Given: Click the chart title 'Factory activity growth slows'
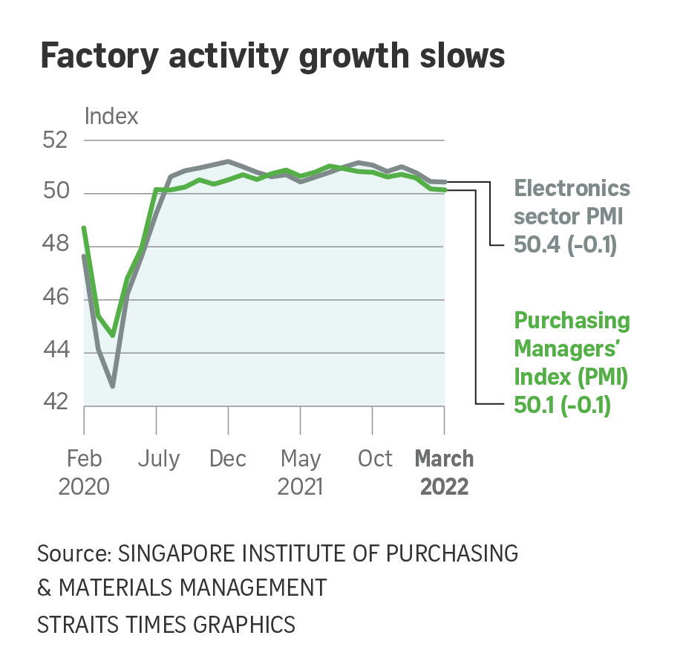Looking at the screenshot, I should (272, 57).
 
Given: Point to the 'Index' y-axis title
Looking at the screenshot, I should (111, 116).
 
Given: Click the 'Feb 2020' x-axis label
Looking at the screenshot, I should (84, 472).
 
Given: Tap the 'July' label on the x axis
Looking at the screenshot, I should (157, 459).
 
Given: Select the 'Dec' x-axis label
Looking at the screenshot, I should (228, 459).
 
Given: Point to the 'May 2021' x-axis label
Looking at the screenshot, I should (301, 472).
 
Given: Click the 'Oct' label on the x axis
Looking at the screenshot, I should (375, 459).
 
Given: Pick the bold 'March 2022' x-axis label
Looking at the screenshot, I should (444, 472).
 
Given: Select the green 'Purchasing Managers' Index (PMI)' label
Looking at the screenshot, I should (572, 349).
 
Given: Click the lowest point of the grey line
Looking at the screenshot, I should (113, 386).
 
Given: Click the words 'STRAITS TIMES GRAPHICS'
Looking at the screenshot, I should (166, 624).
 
